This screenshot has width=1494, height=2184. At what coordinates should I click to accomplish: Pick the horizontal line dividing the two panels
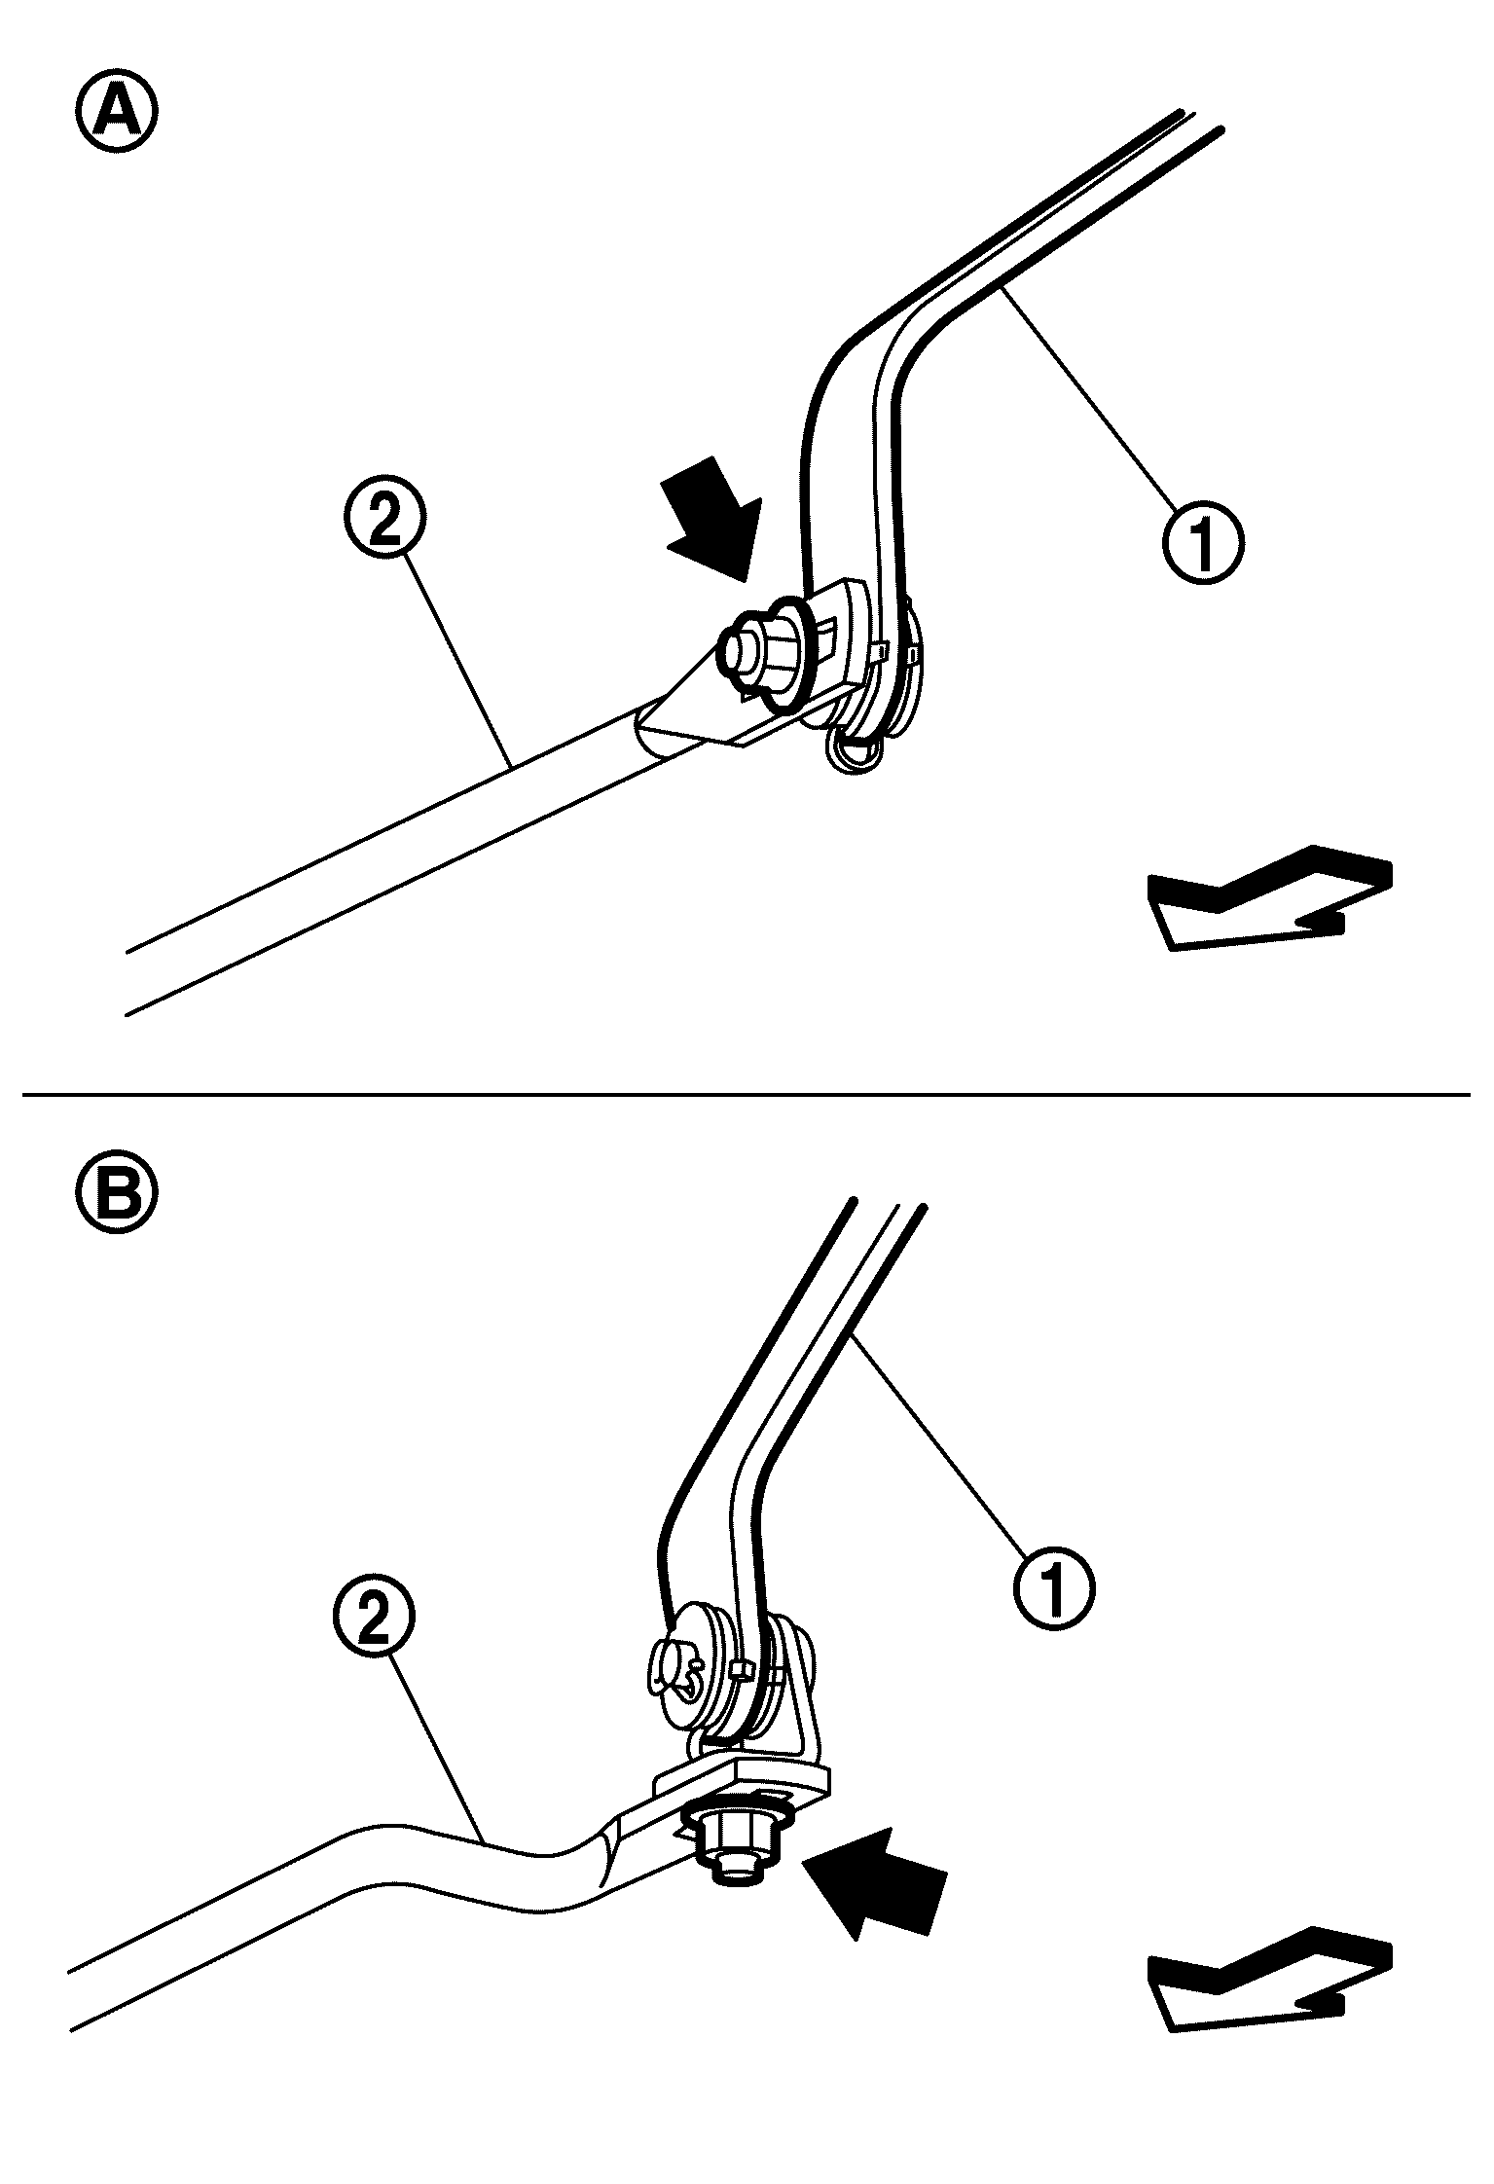point(747,1095)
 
